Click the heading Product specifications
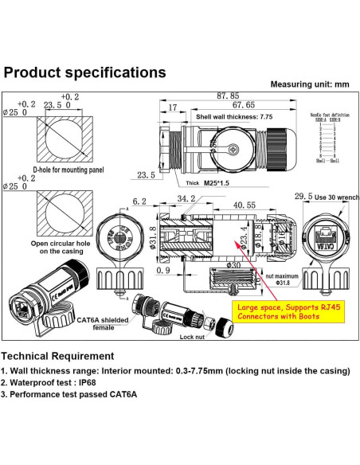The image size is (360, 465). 84,72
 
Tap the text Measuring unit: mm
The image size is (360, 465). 310,84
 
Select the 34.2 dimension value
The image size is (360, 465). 186,198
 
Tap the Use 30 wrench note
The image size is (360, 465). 333,196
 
